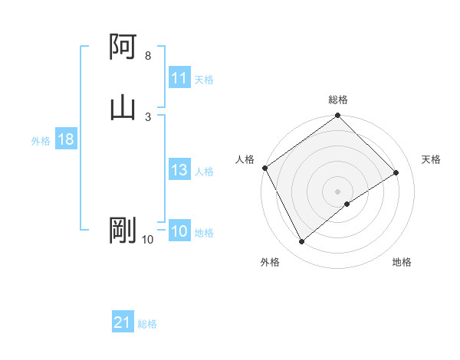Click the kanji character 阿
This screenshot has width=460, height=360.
click(x=123, y=47)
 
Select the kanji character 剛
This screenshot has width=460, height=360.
click(x=123, y=231)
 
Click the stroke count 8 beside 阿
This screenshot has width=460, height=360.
click(x=148, y=56)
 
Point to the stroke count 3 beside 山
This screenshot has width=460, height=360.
click(x=148, y=116)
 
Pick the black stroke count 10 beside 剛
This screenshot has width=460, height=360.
click(x=148, y=240)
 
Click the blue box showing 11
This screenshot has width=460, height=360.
click(x=179, y=78)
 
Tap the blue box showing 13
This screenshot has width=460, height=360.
click(x=179, y=171)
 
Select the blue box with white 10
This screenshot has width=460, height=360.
click(x=179, y=232)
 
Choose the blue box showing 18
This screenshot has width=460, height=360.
click(x=65, y=140)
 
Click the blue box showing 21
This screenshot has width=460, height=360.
click(x=123, y=323)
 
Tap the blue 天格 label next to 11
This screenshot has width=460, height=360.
click(x=204, y=80)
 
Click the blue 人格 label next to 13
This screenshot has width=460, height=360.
click(x=204, y=172)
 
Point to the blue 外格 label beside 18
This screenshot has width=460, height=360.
click(x=41, y=141)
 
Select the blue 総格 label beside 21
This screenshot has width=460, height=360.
click(x=147, y=324)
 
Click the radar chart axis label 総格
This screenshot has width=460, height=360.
click(x=338, y=100)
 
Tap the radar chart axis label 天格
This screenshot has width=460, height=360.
click(x=431, y=159)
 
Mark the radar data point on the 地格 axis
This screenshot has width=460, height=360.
click(x=347, y=204)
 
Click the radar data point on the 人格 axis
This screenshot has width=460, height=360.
click(x=264, y=168)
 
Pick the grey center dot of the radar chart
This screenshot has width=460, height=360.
click(x=337, y=191)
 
